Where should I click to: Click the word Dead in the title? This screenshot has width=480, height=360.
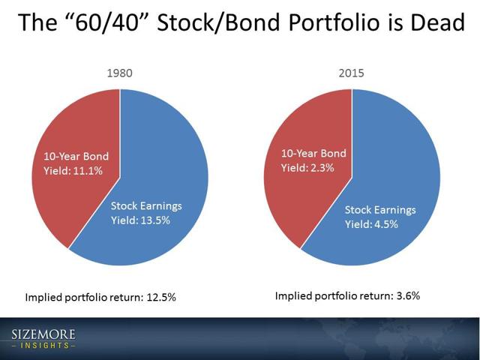coord(438,22)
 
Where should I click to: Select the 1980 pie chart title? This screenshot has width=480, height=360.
coord(120,73)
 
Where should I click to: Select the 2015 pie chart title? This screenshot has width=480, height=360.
coord(352,73)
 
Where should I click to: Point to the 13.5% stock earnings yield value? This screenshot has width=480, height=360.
coord(155,220)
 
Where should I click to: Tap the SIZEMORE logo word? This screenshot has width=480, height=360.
coord(43,334)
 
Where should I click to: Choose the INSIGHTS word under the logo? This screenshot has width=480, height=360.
coord(43,346)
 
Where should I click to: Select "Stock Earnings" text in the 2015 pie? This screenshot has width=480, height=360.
coord(380,210)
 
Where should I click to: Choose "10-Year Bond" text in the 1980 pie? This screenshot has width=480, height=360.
coord(76,156)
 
